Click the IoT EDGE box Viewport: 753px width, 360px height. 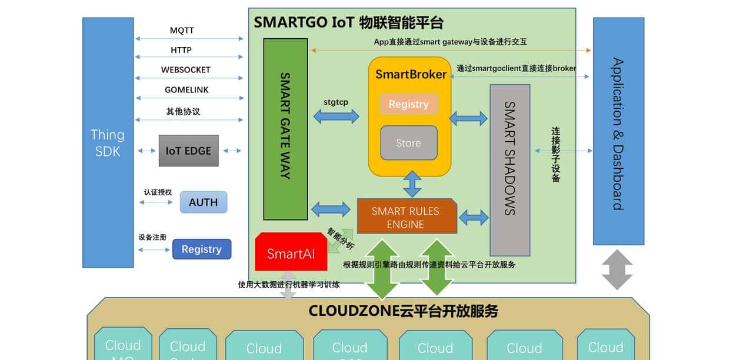189,151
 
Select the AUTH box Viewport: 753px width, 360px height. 203,202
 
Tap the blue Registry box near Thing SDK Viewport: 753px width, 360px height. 201,249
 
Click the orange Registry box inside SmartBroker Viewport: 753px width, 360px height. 408,104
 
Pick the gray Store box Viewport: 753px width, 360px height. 408,143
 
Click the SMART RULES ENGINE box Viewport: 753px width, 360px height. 406,216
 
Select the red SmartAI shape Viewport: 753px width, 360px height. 291,253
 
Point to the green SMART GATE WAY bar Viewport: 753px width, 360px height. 285,129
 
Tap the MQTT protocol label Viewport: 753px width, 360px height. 182,30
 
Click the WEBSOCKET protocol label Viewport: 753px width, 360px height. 185,69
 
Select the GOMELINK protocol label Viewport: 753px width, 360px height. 186,89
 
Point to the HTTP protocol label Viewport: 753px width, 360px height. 181,50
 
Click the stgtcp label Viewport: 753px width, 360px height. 336,102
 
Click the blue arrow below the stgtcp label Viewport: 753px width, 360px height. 336,116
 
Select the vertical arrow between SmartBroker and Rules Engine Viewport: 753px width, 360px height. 412,184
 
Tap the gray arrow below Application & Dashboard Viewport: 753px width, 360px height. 617,269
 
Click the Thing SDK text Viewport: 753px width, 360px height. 107,143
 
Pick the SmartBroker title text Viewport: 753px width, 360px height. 411,74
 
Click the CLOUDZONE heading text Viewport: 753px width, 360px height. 403,311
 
